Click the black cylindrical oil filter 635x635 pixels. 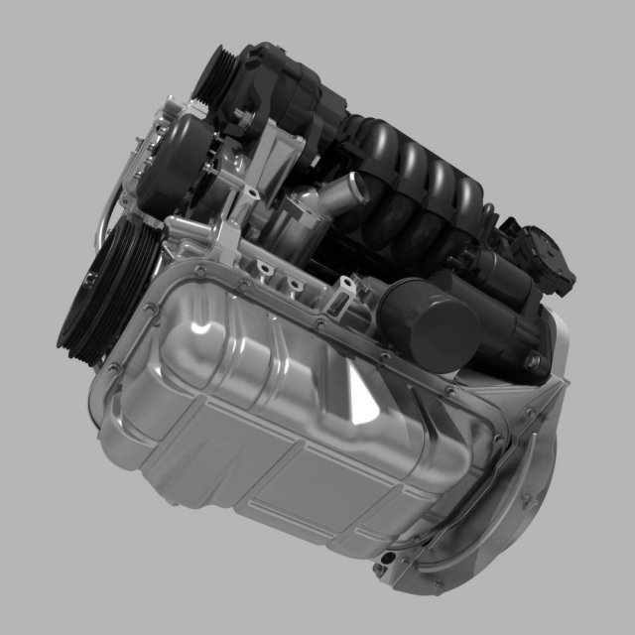429,324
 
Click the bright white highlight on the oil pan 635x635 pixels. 202,328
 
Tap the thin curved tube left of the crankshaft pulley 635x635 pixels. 104,208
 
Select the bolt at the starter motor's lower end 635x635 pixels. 536,337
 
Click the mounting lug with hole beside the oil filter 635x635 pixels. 341,291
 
